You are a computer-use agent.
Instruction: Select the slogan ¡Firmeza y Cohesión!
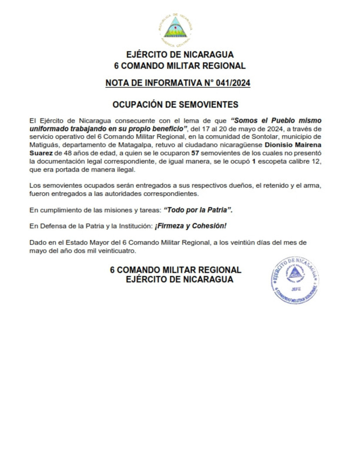190,226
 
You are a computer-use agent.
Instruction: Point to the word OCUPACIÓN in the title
139,105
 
